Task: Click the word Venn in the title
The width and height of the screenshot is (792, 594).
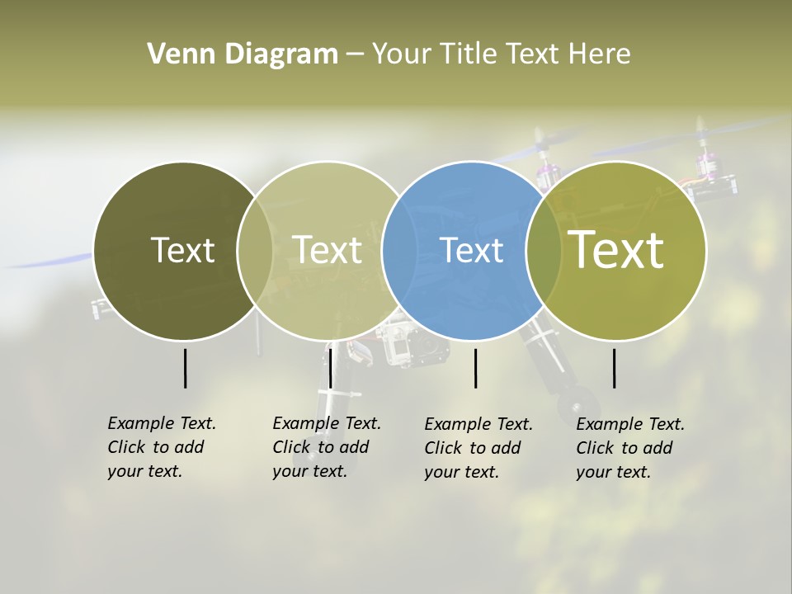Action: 175,54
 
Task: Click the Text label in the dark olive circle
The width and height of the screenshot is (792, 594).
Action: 183,250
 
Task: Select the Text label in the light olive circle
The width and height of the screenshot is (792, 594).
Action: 328,250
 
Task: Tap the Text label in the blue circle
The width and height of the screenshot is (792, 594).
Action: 472,251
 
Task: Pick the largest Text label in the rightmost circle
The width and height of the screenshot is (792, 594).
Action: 616,249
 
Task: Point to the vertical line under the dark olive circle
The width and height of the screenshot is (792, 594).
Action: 186,368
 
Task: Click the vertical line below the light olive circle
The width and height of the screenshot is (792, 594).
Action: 330,368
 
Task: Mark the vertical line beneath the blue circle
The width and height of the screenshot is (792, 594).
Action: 476,368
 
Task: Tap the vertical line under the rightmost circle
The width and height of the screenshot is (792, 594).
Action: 615,368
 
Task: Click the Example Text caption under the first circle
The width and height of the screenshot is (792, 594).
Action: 162,447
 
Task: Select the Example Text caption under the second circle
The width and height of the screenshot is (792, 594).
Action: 327,447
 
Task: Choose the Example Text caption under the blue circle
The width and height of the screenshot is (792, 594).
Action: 478,448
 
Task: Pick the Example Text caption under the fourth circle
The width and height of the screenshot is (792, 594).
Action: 630,448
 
